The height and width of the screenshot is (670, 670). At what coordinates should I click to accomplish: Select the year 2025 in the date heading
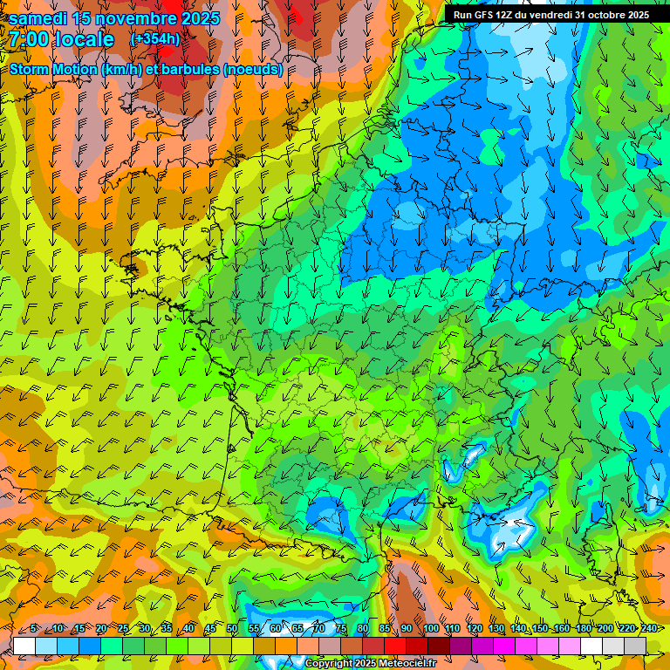click(194, 18)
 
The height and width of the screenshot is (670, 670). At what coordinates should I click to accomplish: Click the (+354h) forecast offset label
click(155, 39)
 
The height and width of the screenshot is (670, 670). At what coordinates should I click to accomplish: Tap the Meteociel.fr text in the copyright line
click(402, 664)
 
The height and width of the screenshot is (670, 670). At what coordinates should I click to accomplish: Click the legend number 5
click(33, 629)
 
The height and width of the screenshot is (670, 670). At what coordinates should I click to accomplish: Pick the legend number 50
click(232, 629)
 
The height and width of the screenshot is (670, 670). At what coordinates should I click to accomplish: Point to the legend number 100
click(430, 629)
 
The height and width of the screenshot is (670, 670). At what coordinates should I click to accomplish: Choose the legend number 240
click(649, 629)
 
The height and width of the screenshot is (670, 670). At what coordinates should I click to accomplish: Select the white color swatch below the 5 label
click(24, 646)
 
